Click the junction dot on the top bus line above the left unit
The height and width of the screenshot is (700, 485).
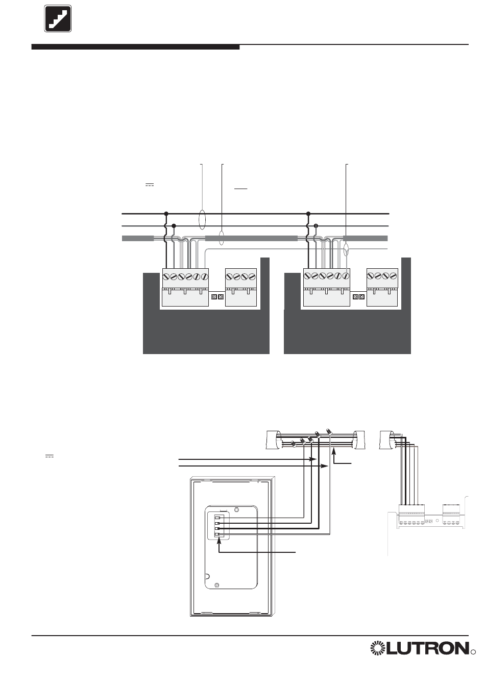click(x=166, y=214)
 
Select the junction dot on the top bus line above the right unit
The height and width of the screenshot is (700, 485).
click(x=308, y=214)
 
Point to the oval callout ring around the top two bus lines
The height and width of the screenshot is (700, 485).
click(x=202, y=218)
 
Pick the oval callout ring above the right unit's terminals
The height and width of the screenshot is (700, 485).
click(x=347, y=250)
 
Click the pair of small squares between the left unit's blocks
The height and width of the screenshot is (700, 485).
click(x=217, y=296)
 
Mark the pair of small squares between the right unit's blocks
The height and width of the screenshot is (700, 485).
click(x=358, y=296)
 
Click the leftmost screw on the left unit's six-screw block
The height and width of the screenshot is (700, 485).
click(x=166, y=276)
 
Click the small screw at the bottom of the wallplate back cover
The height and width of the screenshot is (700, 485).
click(x=217, y=585)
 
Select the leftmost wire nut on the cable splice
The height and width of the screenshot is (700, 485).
click(x=294, y=444)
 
